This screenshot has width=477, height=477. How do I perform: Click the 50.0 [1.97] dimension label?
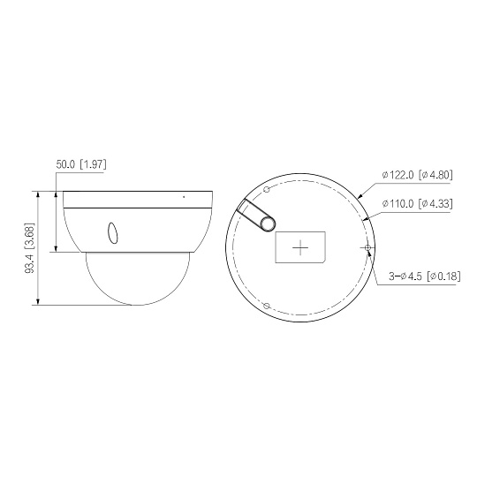click(x=81, y=164)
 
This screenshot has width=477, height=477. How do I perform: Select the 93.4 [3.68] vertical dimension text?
click(x=30, y=247)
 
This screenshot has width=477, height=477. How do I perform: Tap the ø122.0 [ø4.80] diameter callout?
click(x=417, y=175)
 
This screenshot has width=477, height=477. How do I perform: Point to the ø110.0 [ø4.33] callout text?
click(x=417, y=203)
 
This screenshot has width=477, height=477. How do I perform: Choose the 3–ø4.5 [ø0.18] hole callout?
click(x=425, y=276)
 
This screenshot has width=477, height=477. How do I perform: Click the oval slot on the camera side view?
click(x=113, y=233)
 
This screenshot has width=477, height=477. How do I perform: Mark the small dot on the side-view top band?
click(x=184, y=197)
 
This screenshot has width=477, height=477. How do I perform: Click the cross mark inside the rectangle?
click(x=300, y=247)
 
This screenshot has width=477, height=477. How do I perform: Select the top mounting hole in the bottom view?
click(x=267, y=190)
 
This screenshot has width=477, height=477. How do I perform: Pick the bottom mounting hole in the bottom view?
click(x=267, y=306)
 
